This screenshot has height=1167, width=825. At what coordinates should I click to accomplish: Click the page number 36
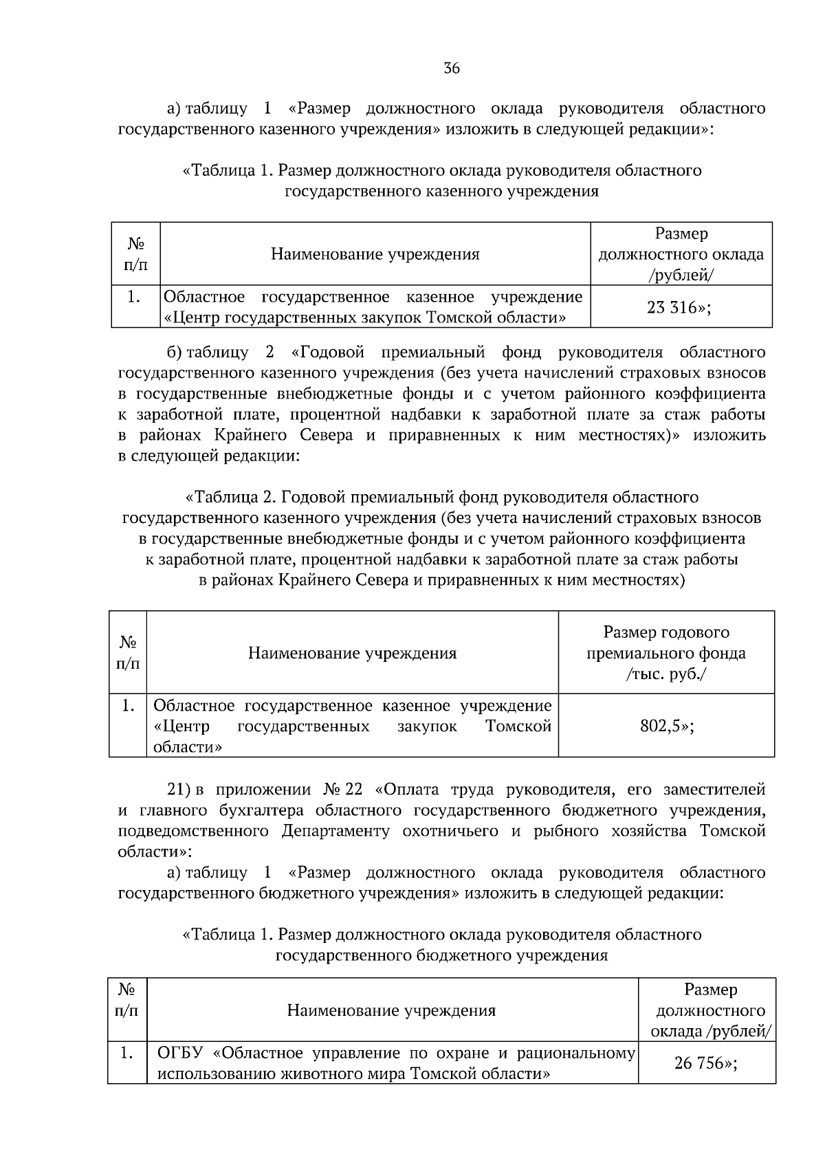pos(452,68)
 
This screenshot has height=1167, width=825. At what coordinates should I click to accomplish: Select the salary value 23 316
pos(672,307)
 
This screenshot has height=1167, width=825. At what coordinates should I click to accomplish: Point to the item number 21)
pos(180,789)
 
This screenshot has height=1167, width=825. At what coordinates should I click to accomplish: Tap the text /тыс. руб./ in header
pos(665,674)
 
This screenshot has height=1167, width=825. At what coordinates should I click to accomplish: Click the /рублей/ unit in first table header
pos(681,275)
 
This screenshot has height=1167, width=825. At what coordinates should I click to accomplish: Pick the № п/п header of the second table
pos(128,652)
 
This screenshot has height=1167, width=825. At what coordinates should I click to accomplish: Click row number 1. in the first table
pos(135,297)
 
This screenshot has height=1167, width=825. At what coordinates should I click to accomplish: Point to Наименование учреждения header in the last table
pos(391,1010)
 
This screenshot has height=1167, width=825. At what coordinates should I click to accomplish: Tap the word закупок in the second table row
pos(427,726)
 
